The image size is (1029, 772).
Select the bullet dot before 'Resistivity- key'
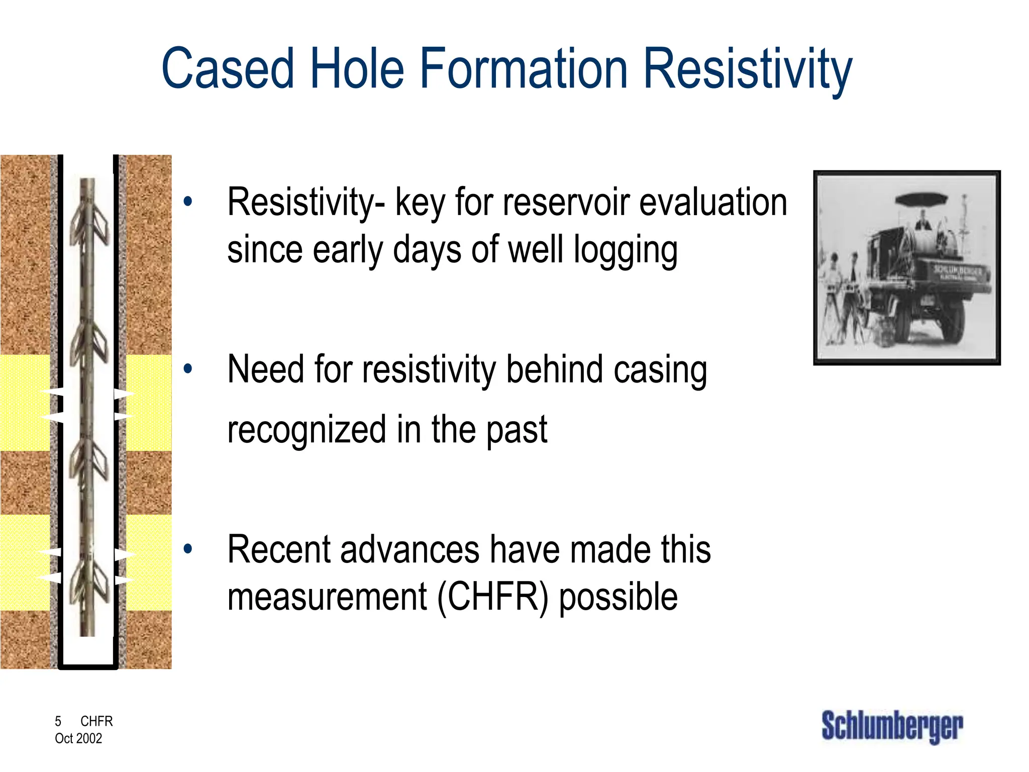pos(188,202)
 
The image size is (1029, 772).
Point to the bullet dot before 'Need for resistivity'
pos(188,369)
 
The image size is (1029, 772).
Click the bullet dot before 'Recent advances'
pos(188,549)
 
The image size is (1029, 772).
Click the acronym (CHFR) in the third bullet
pos(493,598)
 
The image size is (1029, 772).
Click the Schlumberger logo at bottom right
pos(892,726)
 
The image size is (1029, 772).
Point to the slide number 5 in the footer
pos(58,721)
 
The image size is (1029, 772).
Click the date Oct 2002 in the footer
pos(78,738)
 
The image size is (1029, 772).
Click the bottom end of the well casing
pos(88,667)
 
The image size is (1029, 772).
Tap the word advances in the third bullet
pos(409,550)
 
